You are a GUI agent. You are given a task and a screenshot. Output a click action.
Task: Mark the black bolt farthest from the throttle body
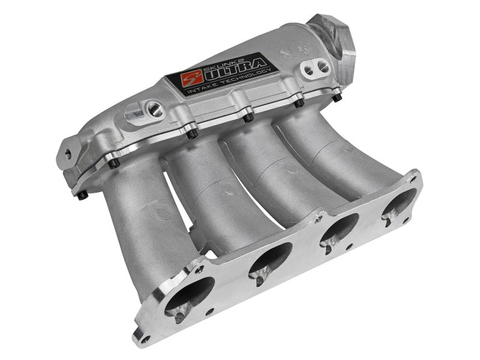(x=82, y=194)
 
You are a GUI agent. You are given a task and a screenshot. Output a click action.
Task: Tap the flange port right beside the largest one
(x=269, y=259)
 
